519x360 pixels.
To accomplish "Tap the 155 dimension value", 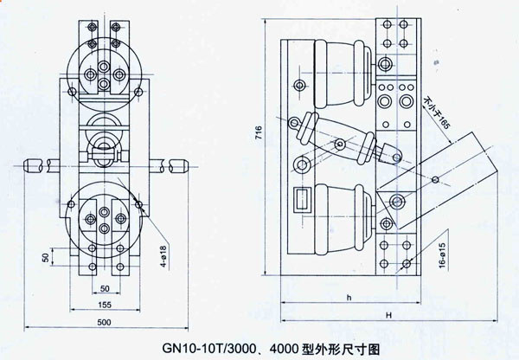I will pos(103,305).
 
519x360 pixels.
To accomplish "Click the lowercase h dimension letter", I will pos(348,299).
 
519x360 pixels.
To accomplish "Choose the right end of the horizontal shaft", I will pos(179,164).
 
